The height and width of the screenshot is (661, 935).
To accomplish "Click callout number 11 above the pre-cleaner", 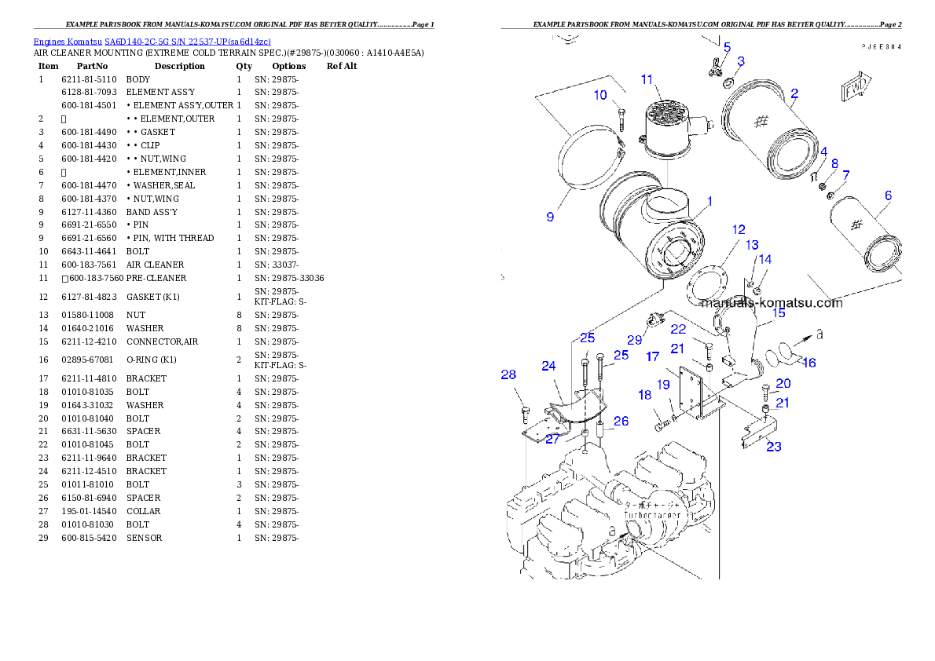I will click(x=647, y=79).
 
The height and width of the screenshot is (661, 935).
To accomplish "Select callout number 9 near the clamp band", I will click(x=550, y=217).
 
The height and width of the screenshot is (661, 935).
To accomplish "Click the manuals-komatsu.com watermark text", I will click(x=771, y=302).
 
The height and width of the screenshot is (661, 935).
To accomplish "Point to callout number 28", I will click(x=508, y=374).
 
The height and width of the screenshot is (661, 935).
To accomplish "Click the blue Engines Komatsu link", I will click(x=152, y=42).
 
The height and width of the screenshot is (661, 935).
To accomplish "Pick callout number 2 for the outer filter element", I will click(x=794, y=93).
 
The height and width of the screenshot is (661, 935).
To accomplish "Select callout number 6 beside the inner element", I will click(x=888, y=195).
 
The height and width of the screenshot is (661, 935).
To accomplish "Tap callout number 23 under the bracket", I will click(x=774, y=447).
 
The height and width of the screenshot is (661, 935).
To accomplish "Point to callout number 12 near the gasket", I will click(x=739, y=230).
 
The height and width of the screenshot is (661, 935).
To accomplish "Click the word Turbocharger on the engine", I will click(x=651, y=523).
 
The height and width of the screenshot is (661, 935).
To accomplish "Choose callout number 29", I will click(x=635, y=340).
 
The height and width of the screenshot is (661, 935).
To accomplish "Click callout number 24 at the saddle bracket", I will click(x=548, y=366).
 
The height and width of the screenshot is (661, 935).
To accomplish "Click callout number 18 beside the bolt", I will click(x=645, y=395).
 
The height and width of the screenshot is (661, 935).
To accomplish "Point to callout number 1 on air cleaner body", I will click(x=709, y=202).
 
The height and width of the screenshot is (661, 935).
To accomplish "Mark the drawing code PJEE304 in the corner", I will click(x=880, y=46).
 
